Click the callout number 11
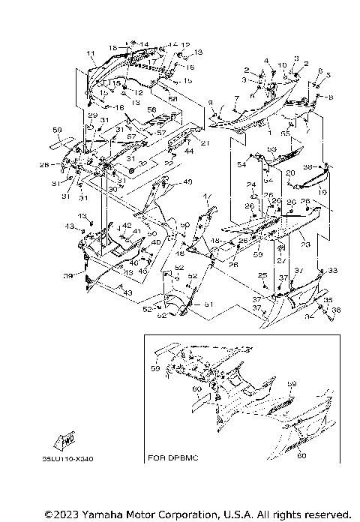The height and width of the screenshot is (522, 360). click(x=90, y=52)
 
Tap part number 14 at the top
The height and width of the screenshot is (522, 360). click(x=144, y=44)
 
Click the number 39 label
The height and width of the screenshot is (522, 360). click(x=68, y=276)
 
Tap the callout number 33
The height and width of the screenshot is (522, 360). click(x=333, y=271)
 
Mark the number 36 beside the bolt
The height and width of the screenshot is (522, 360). click(x=335, y=309)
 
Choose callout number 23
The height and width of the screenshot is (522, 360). click(x=305, y=244)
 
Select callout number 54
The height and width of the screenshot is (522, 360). click(x=241, y=164)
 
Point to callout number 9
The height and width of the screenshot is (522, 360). click(x=211, y=102)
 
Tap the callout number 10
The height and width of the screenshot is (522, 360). click(x=282, y=65)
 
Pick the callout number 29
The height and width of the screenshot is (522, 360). click(x=92, y=115)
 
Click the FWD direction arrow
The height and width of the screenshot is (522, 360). click(x=64, y=439)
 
